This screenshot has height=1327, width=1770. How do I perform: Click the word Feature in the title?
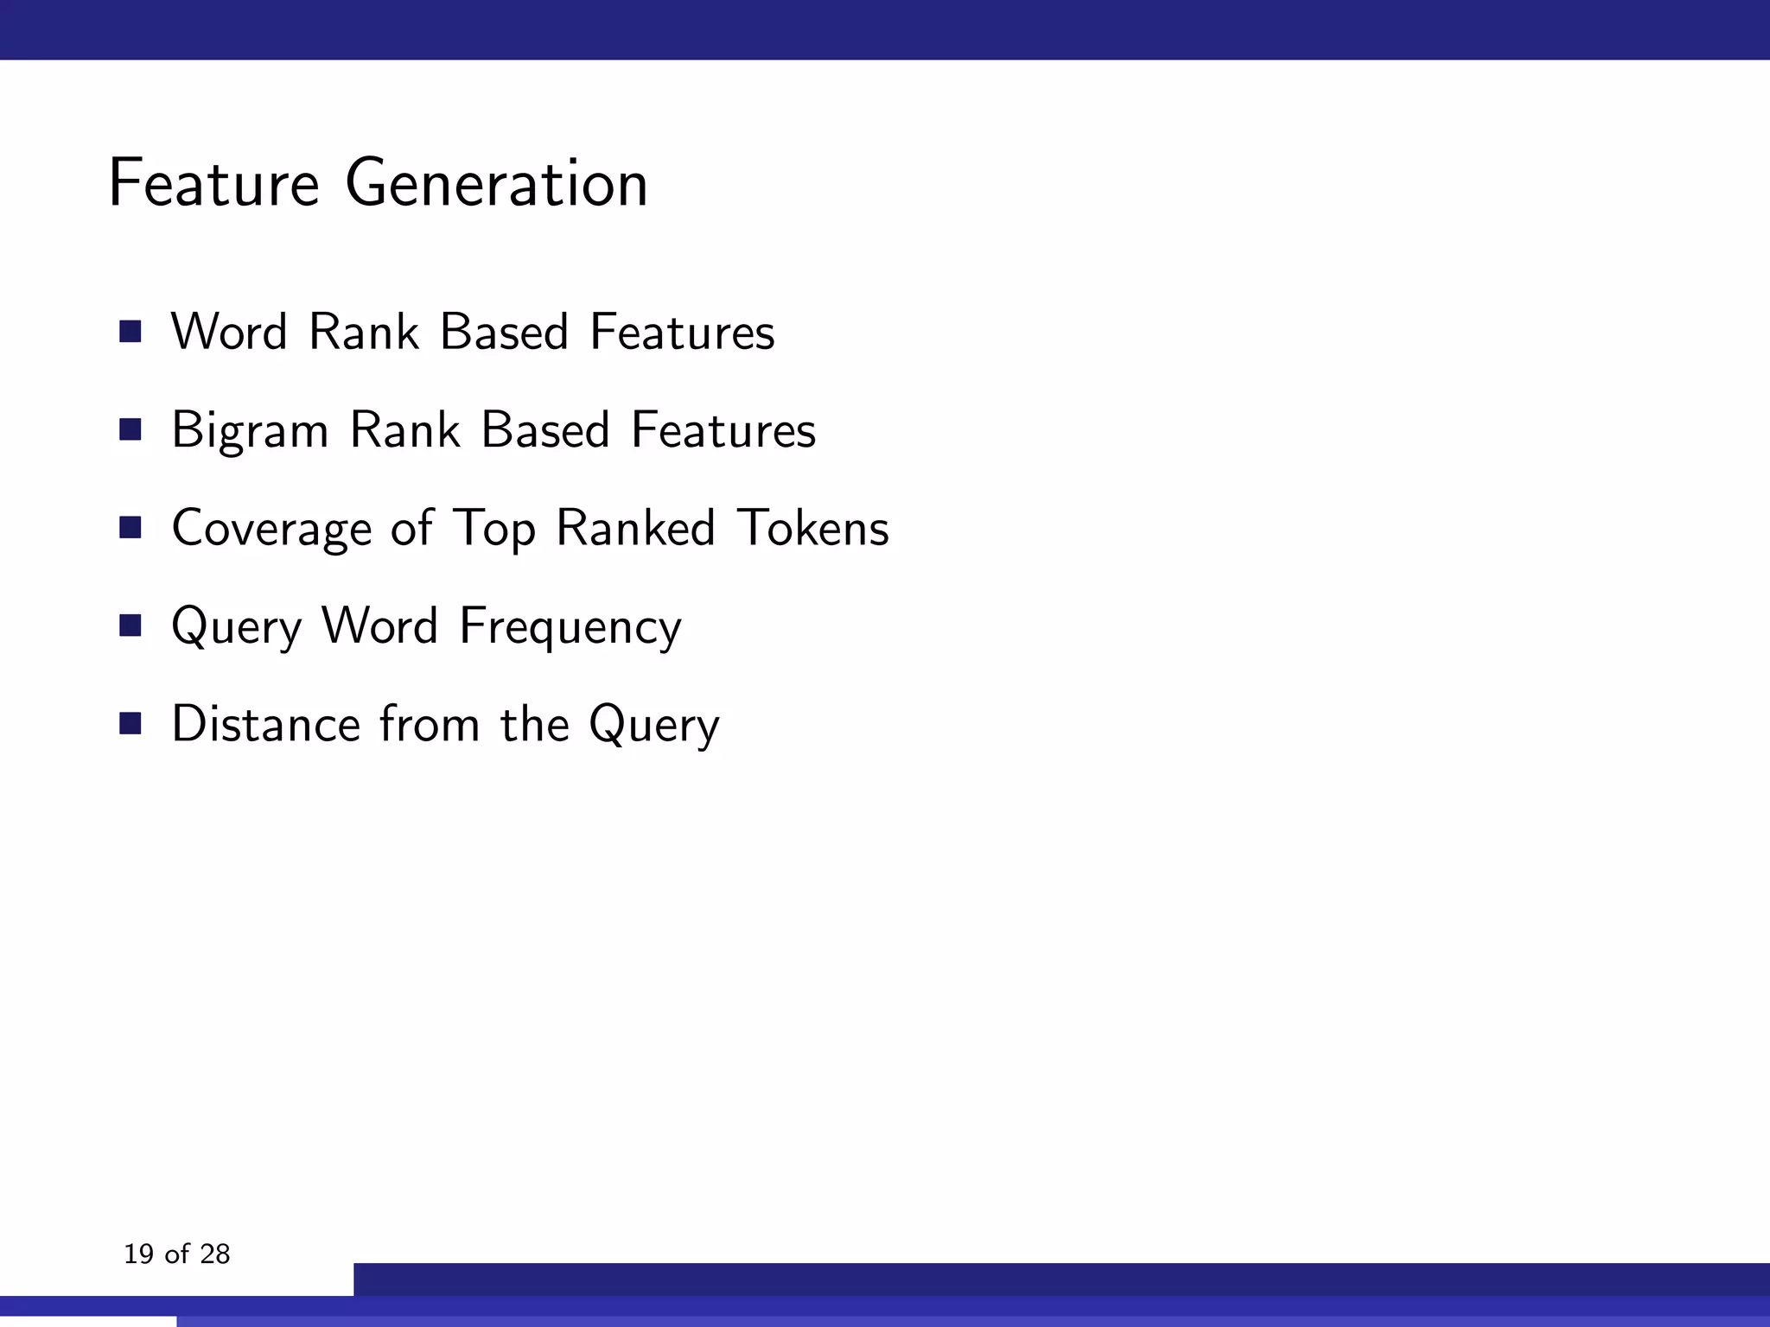coord(213,183)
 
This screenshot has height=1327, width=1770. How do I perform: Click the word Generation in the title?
coord(496,183)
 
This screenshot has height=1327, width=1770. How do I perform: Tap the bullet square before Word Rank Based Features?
coord(131,332)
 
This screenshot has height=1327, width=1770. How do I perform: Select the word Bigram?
coord(250,430)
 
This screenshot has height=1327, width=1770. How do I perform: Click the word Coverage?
coord(271,528)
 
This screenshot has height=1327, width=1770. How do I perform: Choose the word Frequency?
coord(570,626)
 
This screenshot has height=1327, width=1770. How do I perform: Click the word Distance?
coord(265,724)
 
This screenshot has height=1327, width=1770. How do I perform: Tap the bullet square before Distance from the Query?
coord(131,724)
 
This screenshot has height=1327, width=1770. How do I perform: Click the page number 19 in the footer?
coord(138,1254)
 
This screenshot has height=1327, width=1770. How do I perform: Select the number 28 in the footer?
coord(214,1254)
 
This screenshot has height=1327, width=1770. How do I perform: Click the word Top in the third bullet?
coord(493,528)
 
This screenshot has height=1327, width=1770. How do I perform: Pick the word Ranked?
coord(635,528)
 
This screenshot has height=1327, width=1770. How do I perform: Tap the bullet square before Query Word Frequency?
coord(131,626)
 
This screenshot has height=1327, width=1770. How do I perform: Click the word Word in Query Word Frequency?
coord(379,626)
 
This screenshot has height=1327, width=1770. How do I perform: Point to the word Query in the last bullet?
coord(653,724)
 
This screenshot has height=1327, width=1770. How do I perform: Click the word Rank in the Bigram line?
coord(404,430)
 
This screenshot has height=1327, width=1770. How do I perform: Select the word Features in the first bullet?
coord(682,332)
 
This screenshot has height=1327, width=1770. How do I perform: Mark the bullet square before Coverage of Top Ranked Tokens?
coord(131,528)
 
